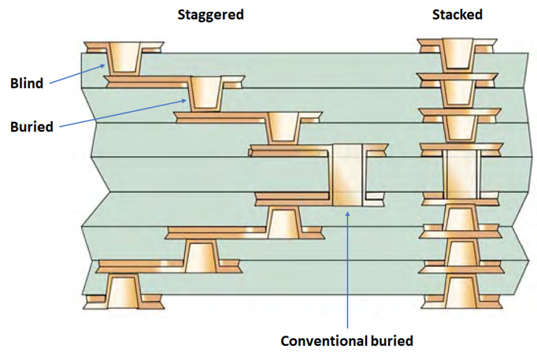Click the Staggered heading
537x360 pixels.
(210, 15)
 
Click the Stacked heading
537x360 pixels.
(457, 15)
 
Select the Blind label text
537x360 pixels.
(27, 83)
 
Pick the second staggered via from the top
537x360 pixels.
(206, 93)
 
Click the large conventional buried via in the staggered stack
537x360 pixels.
(348, 175)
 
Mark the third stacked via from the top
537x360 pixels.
(458, 127)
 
